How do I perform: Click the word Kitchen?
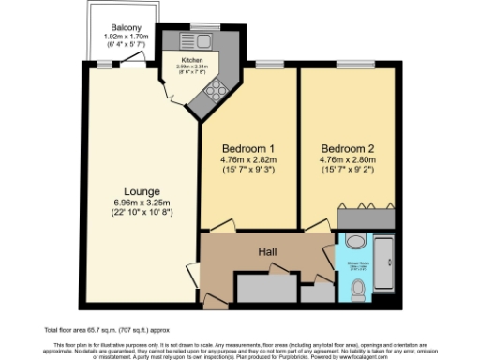(178, 59)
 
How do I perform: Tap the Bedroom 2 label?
(347, 148)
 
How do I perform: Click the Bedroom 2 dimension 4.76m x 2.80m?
(347, 159)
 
